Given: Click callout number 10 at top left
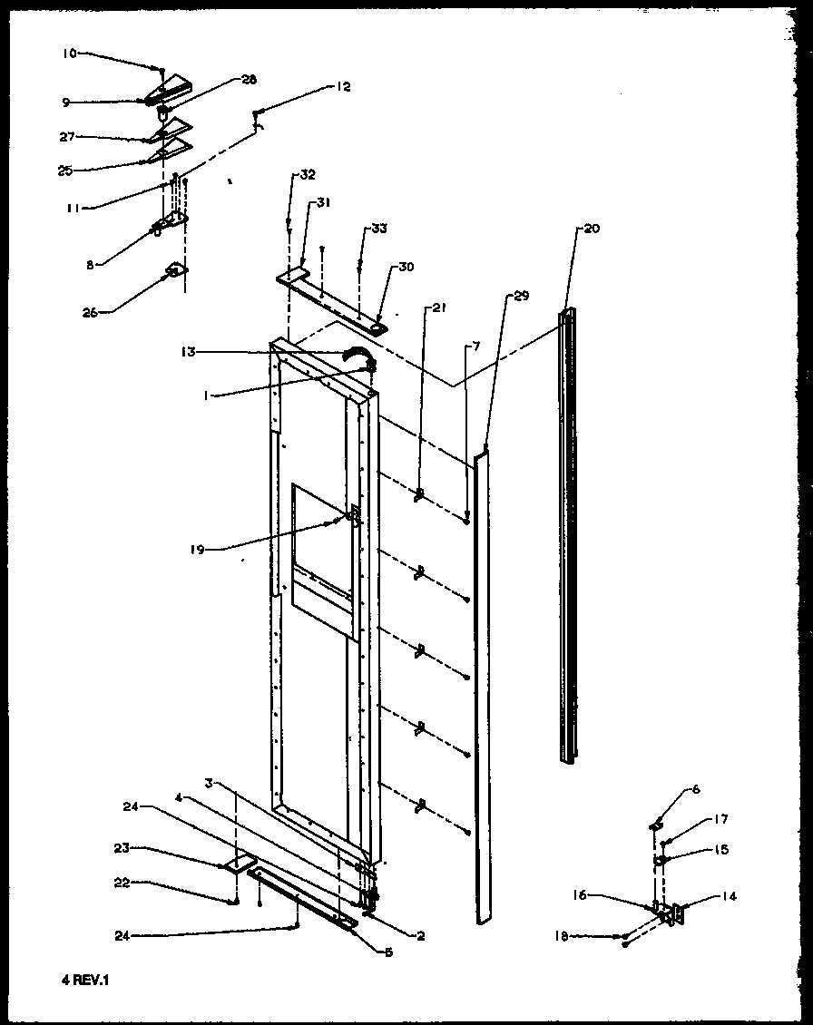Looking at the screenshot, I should tap(69, 54).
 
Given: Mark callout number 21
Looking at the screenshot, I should tap(439, 308).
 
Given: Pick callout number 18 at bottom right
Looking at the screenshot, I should tap(561, 936).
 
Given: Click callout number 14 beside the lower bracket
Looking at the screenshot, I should tap(730, 896).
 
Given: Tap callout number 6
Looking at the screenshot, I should tap(696, 789).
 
